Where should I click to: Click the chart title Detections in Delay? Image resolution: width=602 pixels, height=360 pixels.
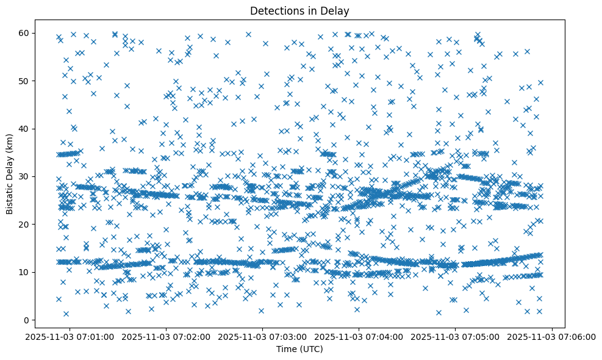(x=300, y=10)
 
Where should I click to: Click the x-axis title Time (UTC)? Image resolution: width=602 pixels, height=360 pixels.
(x=299, y=350)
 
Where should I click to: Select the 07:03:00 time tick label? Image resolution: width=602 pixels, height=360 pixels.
(x=263, y=336)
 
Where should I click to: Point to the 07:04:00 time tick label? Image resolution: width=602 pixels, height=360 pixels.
(x=359, y=336)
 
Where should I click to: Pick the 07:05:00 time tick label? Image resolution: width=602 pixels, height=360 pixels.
(x=456, y=336)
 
